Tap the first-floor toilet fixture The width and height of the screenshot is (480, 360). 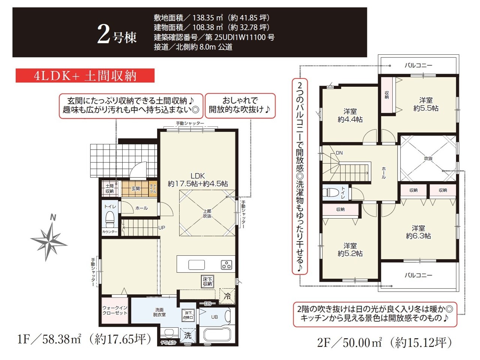tap(110, 220)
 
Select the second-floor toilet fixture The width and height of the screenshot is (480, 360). tap(330, 193)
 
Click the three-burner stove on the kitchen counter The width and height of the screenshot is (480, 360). tap(226, 264)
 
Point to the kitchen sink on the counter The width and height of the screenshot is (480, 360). tap(196, 265)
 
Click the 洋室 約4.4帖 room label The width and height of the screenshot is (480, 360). tap(350, 115)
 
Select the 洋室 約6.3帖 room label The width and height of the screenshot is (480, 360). tap(418, 232)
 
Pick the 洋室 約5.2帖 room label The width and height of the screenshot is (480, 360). tap(350, 250)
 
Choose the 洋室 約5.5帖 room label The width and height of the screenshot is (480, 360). tap(426, 104)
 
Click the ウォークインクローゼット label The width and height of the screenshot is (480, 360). tap(115, 310)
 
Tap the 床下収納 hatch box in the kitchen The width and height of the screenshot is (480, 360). tap(207, 282)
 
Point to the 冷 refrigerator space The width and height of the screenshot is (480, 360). tap(227, 296)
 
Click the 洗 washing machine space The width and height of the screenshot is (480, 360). tap(187, 335)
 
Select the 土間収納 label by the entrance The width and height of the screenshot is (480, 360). tap(109, 188)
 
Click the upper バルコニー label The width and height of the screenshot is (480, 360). tap(418, 65)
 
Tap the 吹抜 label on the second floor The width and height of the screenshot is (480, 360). tap(428, 159)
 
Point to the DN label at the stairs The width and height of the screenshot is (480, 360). tap(339, 153)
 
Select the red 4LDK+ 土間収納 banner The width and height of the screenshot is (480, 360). tap(85, 76)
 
